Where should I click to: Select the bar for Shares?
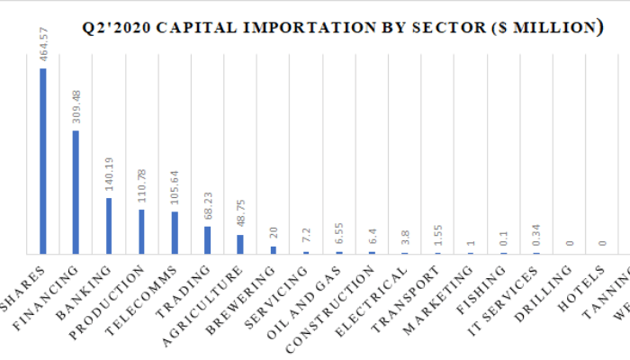[43, 161]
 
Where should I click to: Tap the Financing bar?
[76, 192]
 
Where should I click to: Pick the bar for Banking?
[109, 226]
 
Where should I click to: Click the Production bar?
[141, 231]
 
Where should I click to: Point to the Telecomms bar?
[175, 232]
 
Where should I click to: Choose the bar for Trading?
[207, 239]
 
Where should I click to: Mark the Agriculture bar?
[240, 244]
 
